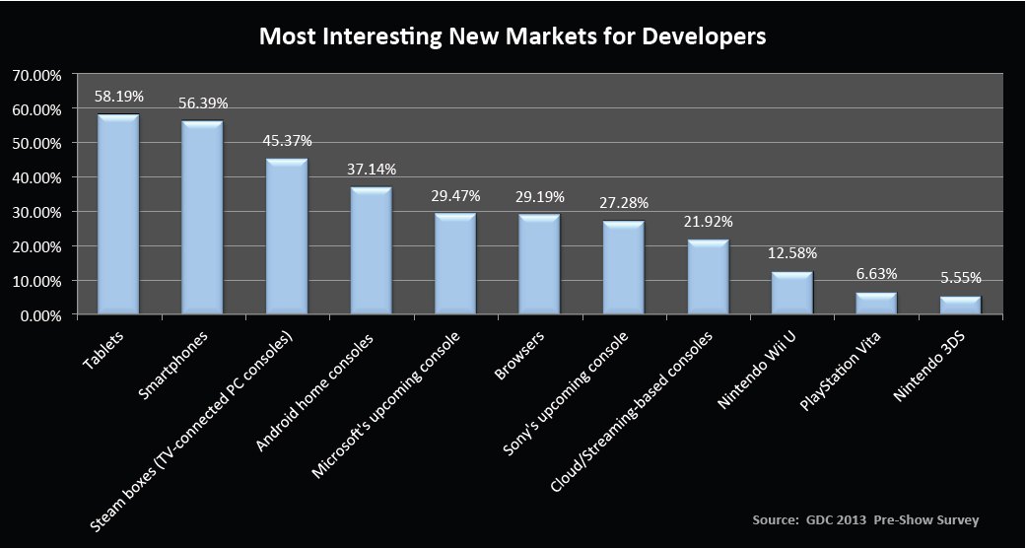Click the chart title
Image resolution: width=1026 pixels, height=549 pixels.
[513, 36]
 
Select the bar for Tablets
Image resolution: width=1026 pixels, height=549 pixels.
[118, 215]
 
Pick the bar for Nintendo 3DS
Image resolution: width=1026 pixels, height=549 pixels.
[960, 306]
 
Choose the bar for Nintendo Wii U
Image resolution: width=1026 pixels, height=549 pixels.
[791, 293]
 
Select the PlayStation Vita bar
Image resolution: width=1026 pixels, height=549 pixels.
[876, 304]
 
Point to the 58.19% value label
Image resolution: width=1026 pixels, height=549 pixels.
[119, 97]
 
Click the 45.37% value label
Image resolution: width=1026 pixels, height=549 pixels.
[288, 140]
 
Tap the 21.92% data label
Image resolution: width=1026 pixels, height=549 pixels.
[708, 221]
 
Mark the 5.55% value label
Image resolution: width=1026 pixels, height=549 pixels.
[960, 278]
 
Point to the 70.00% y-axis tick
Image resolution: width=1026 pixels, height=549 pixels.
[37, 75]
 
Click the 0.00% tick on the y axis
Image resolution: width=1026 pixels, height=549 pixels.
[40, 315]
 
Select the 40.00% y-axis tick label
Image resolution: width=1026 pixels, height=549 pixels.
[37, 177]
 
